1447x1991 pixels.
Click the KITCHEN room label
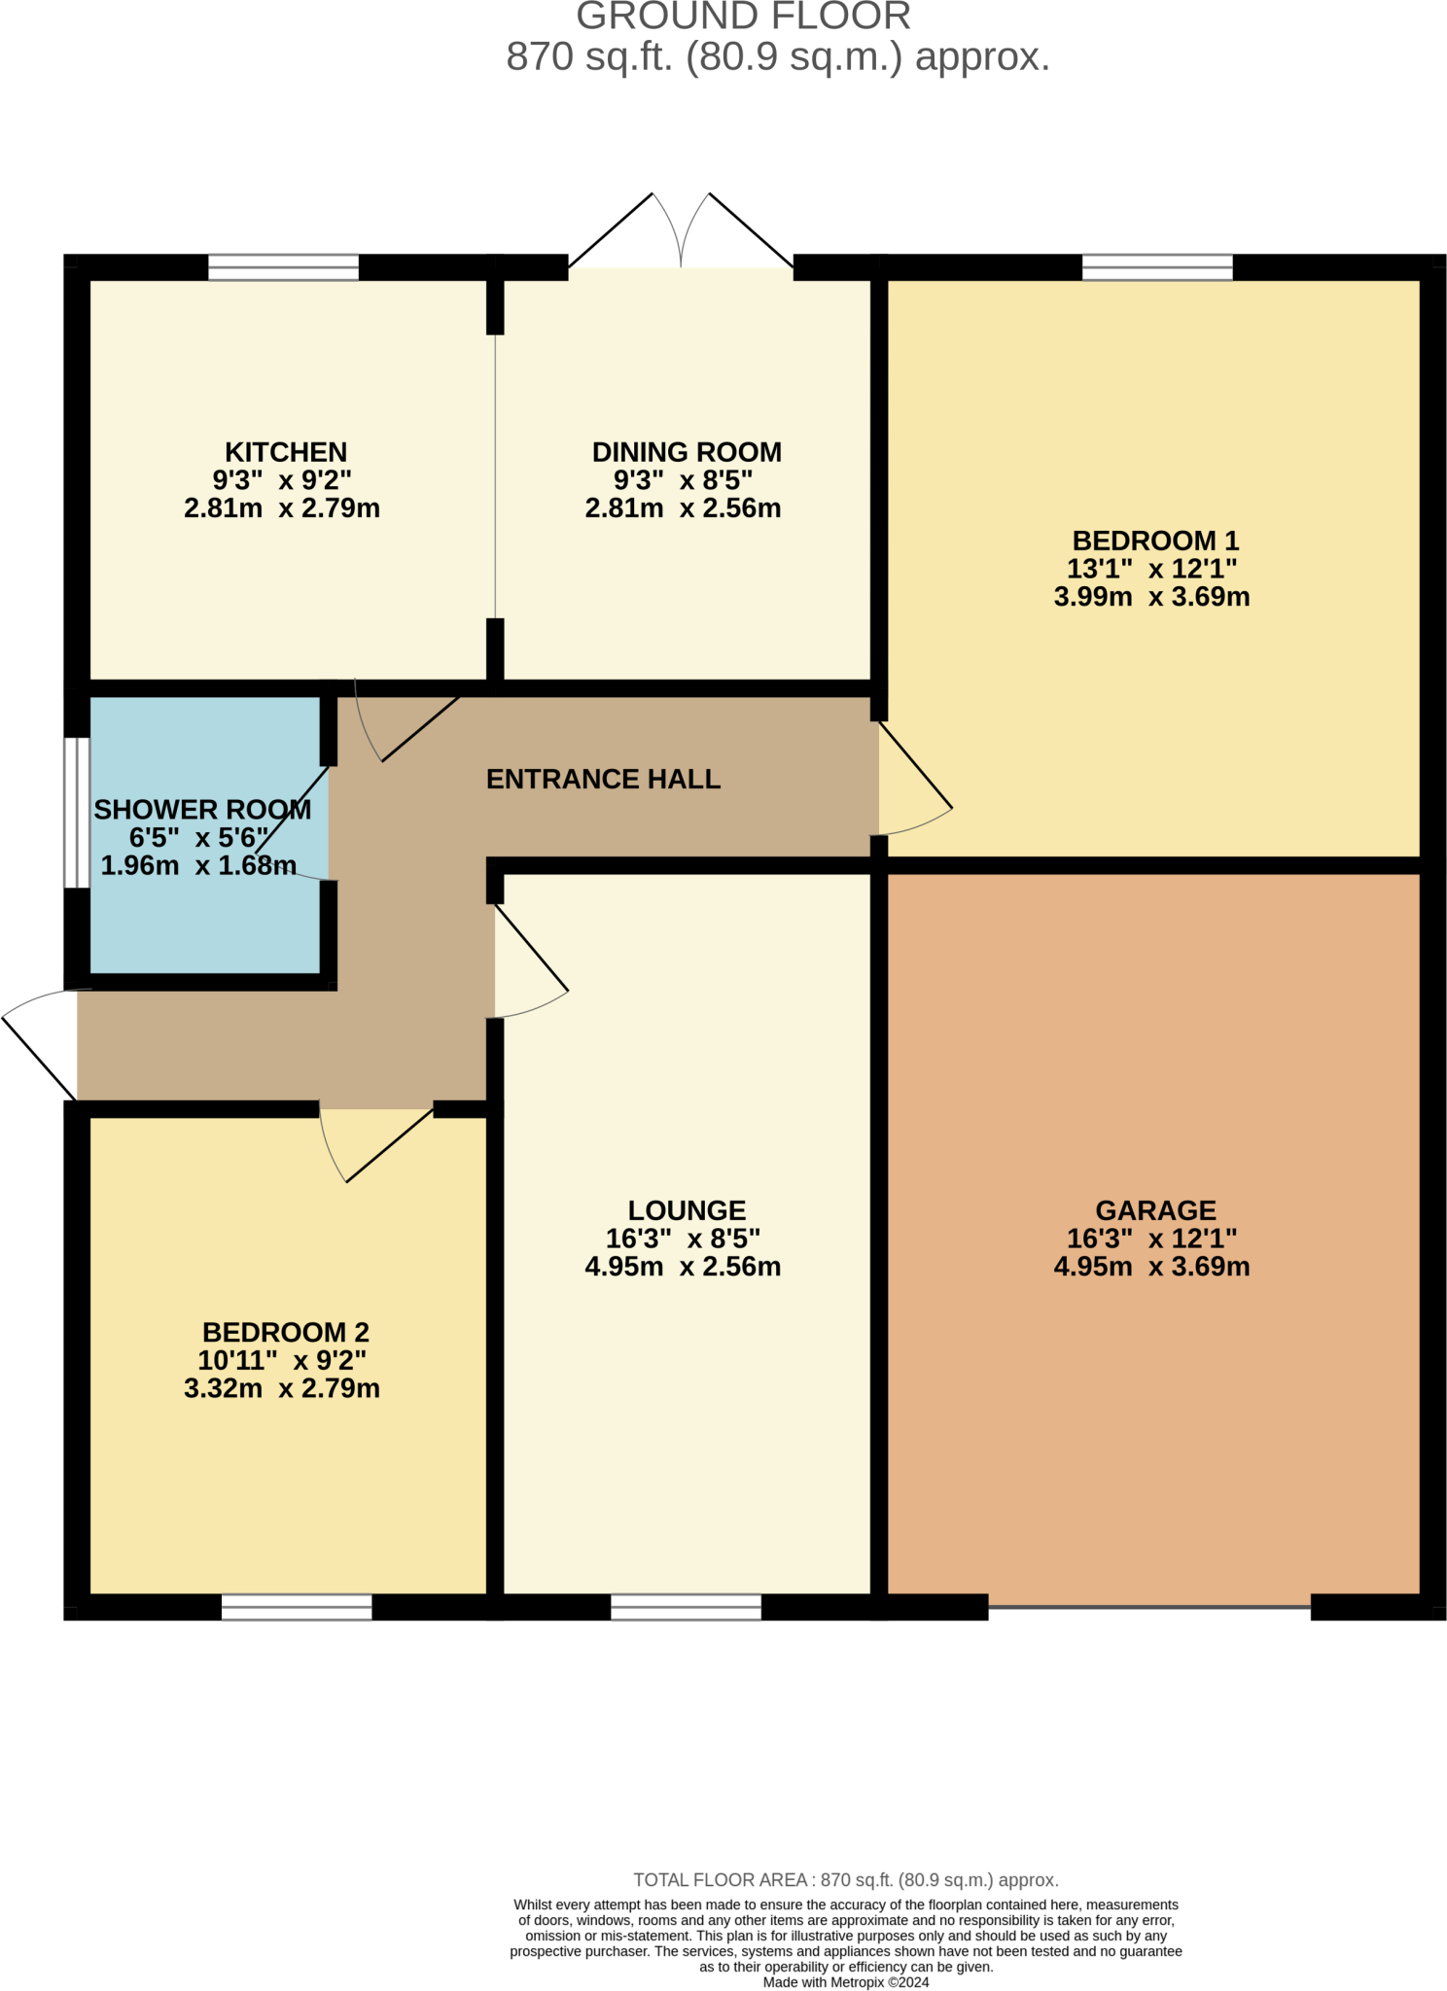pos(285,453)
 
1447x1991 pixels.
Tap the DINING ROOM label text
pos(687,453)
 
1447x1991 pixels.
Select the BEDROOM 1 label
pos(1154,541)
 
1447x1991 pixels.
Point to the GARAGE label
pos(1155,1211)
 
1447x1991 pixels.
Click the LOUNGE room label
pos(687,1211)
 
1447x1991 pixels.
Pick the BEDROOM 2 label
pos(285,1333)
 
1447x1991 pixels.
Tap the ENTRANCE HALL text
pos(603,780)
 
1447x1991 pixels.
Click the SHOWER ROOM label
pos(202,810)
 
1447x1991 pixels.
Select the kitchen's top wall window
pos(283,267)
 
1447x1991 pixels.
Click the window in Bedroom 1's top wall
pos(1157,267)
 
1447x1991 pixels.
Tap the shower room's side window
pos(77,813)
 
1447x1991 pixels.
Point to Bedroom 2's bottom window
pos(297,1607)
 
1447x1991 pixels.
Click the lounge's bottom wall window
pos(686,1607)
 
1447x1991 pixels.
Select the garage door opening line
pos(1149,1607)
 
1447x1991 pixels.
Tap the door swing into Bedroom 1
pos(914,792)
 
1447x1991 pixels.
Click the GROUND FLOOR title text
pos(743,17)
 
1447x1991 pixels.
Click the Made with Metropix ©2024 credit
pos(846,1982)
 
